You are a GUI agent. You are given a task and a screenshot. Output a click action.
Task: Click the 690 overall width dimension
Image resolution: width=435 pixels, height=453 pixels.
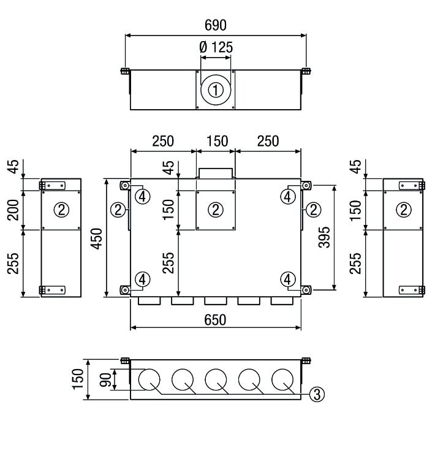point(215,25)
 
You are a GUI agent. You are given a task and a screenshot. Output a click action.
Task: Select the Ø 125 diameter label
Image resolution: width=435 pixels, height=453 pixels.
point(216,47)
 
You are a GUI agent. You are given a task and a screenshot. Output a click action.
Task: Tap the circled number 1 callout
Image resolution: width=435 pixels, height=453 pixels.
point(215,91)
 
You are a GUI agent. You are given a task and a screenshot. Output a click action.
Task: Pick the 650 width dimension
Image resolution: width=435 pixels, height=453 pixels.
point(215,319)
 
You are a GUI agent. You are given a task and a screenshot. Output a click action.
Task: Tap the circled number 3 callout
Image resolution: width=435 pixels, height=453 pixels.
point(317,394)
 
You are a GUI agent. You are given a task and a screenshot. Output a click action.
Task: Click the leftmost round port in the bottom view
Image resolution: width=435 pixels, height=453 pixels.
point(148,380)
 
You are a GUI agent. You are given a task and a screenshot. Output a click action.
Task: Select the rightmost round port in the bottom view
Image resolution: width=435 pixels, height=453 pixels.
point(283,380)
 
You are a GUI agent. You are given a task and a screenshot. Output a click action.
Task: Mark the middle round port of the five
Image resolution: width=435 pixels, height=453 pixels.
point(216,380)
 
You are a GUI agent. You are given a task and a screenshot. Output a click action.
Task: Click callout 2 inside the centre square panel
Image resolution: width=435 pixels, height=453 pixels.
point(216,210)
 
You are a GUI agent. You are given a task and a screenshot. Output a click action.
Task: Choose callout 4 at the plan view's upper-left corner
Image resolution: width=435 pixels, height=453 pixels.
point(142,196)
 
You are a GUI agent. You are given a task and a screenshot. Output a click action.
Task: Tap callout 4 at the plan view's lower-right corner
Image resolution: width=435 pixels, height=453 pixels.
point(288,279)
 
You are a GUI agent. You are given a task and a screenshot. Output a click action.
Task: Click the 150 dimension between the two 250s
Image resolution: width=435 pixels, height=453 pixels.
point(215,142)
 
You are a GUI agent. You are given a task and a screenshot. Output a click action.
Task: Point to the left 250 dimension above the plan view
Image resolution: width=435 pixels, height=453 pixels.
point(162,142)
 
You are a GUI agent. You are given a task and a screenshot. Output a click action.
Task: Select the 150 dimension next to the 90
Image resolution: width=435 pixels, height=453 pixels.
point(77,380)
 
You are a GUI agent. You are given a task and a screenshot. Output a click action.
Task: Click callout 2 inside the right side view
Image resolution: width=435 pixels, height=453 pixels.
point(403,210)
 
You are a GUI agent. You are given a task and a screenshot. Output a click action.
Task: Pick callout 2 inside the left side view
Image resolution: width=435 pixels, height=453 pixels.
point(61,210)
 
